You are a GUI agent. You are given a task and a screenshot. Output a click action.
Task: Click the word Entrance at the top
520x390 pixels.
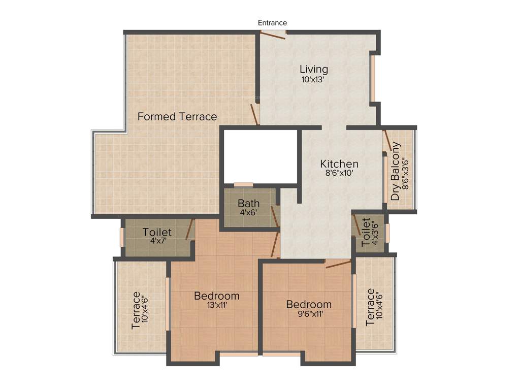(272, 23)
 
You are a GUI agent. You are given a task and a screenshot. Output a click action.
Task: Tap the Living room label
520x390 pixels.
(313, 69)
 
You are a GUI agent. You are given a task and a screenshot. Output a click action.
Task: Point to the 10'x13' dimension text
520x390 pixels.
(313, 80)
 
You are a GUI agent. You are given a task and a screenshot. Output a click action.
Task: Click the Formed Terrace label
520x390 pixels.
(177, 117)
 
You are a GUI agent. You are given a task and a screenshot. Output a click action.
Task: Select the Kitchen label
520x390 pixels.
(339, 164)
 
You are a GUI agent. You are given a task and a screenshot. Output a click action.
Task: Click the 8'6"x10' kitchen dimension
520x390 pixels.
(339, 173)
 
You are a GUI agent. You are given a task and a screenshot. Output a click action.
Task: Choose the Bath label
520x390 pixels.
(248, 204)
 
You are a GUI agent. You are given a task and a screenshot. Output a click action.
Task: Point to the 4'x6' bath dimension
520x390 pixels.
(248, 212)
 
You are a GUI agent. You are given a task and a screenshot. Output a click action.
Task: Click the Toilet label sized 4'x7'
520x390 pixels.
(157, 232)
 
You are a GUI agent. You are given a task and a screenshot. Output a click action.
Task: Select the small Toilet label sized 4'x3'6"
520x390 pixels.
(366, 232)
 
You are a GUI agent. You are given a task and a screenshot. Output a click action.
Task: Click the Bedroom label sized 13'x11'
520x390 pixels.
(216, 296)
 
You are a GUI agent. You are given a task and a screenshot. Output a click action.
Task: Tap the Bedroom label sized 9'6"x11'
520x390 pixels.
(309, 304)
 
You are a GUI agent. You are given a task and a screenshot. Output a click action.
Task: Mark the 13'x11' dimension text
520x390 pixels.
(216, 305)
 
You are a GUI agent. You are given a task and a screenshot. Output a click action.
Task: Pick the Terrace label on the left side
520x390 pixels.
(136, 309)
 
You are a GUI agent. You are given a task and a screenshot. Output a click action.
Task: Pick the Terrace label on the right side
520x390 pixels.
(370, 307)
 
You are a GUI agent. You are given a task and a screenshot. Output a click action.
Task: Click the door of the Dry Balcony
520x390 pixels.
(387, 140)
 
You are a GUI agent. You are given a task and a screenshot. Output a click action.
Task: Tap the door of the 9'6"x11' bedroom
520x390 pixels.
(338, 264)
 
